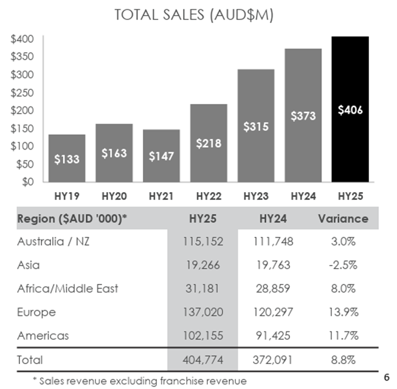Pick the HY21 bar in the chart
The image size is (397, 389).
[162, 156]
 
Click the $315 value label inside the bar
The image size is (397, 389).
[256, 127]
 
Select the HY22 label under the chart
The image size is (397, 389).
[209, 196]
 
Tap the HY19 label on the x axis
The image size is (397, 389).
[66, 196]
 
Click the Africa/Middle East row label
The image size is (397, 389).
[67, 288]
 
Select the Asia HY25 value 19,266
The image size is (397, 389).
[203, 265]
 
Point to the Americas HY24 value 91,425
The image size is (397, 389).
[273, 335]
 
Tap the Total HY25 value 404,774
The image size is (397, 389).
[203, 359]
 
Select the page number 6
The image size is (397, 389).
[387, 377]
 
